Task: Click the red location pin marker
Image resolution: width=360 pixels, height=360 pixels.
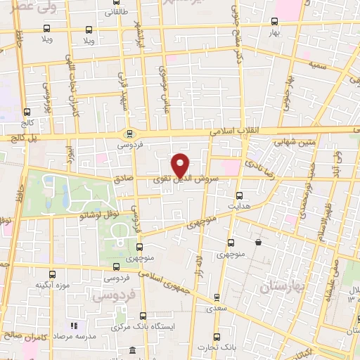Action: click(181, 165)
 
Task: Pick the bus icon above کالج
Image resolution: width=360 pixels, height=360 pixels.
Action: click(27, 111)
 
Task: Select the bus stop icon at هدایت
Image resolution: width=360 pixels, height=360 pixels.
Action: click(240, 195)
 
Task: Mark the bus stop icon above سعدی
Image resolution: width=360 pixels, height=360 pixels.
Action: click(217, 297)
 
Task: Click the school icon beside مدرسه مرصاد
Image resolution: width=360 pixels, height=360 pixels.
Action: click(72, 326)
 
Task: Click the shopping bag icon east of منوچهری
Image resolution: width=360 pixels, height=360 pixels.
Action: click(259, 243)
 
